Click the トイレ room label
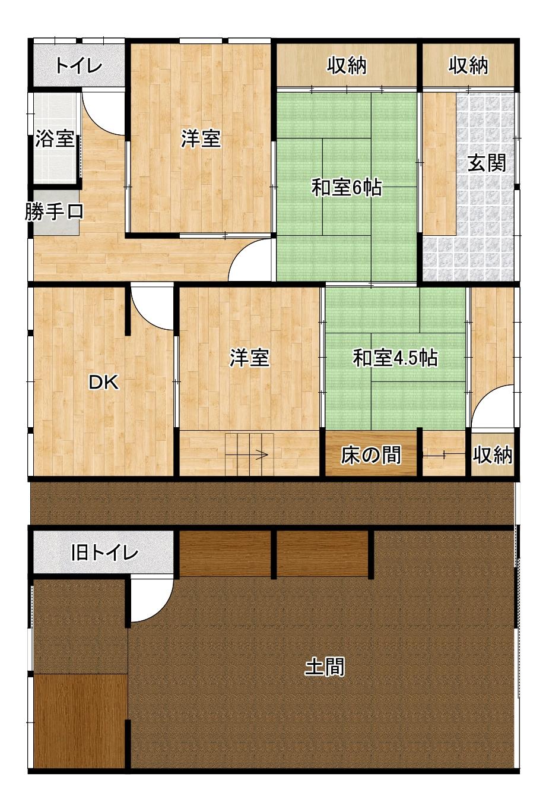click(x=79, y=65)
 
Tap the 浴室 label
click(x=55, y=139)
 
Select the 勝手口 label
click(x=54, y=212)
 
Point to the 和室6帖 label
click(x=347, y=188)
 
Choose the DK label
click(x=104, y=383)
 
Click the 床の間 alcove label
click(x=371, y=455)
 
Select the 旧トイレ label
click(x=104, y=553)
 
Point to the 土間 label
click(x=325, y=667)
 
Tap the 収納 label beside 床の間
click(x=493, y=455)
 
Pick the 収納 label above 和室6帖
click(x=347, y=65)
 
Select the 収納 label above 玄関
click(x=468, y=65)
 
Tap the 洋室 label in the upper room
click(x=201, y=139)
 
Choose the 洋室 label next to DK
click(x=250, y=358)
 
